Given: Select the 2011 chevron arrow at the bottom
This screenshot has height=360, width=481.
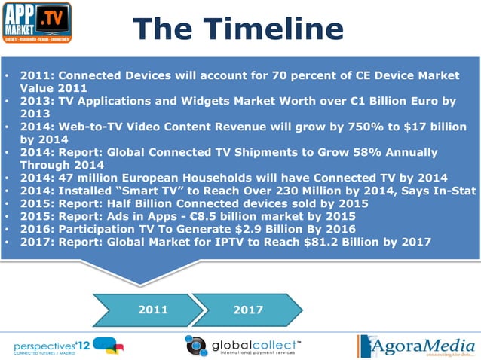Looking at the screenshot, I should click(153, 309).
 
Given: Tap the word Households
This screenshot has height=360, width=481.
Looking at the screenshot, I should click(217, 178).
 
